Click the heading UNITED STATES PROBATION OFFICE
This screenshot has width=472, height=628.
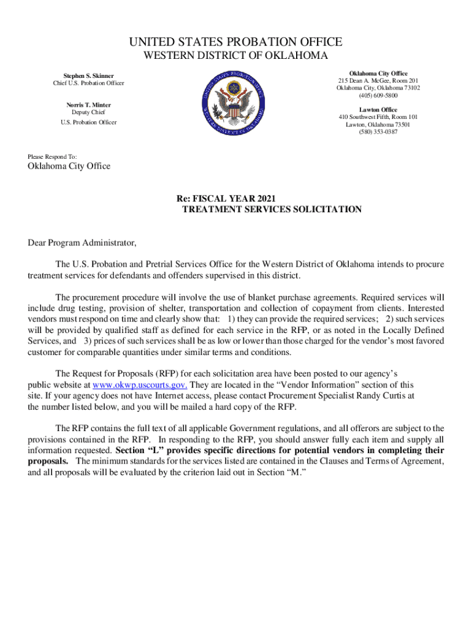[x=236, y=42]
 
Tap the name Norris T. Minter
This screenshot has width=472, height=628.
[x=89, y=105]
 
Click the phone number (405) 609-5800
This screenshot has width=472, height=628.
[x=378, y=96]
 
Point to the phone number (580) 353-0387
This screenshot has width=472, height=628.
[x=378, y=132]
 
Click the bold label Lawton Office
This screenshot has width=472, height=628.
[x=378, y=110]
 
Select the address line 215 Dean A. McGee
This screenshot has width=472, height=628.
[x=378, y=81]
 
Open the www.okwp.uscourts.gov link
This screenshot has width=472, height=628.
[x=140, y=385]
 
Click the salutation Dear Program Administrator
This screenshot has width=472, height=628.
[x=82, y=243]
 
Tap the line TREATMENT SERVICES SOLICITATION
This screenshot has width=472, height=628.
[x=272, y=209]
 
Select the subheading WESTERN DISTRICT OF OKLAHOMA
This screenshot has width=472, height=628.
[x=236, y=56]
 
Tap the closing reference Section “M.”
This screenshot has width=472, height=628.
[x=292, y=472]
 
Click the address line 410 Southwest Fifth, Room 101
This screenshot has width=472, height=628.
[x=378, y=117]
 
